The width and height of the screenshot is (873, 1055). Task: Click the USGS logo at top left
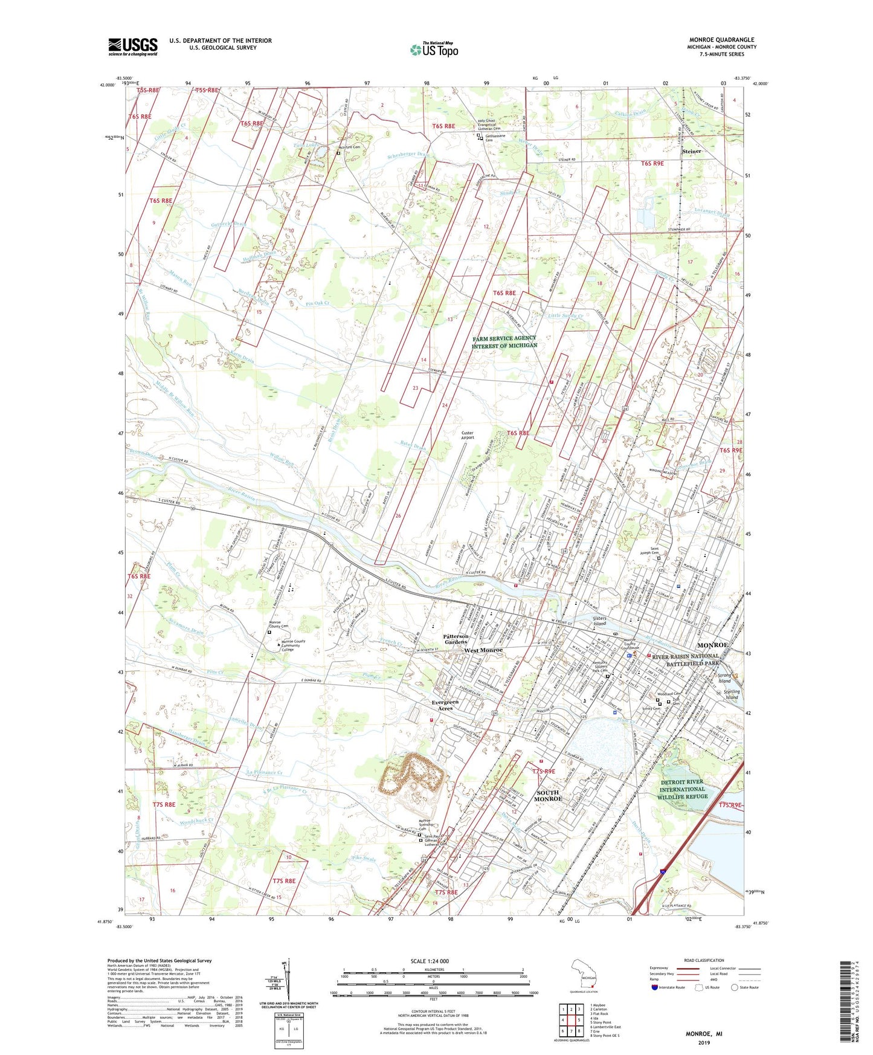click(133, 47)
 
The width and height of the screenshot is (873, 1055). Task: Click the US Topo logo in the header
click(433, 50)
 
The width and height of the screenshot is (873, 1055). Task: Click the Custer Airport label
click(466, 435)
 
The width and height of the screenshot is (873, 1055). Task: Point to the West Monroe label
click(483, 650)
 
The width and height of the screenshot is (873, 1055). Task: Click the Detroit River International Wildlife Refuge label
click(682, 789)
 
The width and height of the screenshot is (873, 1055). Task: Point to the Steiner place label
click(691, 151)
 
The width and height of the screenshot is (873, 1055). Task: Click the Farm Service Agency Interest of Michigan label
click(504, 342)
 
